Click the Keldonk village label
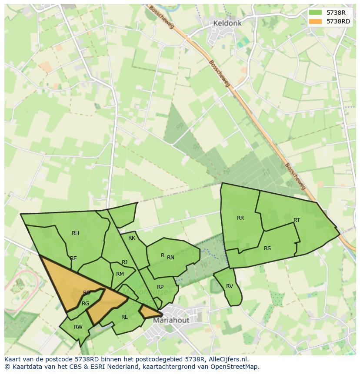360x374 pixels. coord(227,23)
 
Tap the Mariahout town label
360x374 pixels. coord(171,320)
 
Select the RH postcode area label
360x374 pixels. coord(76,233)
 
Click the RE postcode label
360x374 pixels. coord(73,258)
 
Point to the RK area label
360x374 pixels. coord(132,238)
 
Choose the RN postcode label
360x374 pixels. coord(170,258)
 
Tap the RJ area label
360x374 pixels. coord(125,262)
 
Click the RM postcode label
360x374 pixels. coord(120,274)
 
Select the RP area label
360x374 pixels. coord(160,287)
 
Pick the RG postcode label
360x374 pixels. coord(86,304)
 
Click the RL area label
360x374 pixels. coord(124,317)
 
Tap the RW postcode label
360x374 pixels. coord(78,327)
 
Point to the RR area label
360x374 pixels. coord(240,218)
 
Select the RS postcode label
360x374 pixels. coord(267,248)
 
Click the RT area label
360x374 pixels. coord(297,220)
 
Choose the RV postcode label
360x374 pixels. coord(230,286)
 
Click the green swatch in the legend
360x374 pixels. coord(316,13)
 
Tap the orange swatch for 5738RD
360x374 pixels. coord(316,21)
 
